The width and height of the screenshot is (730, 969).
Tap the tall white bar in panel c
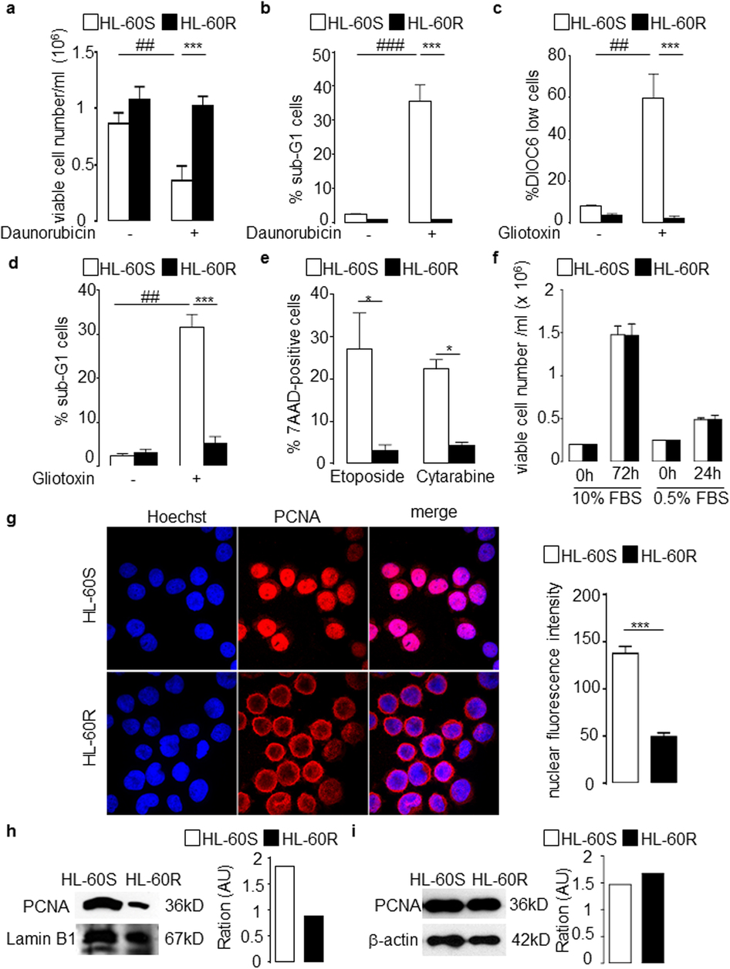click(x=653, y=159)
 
